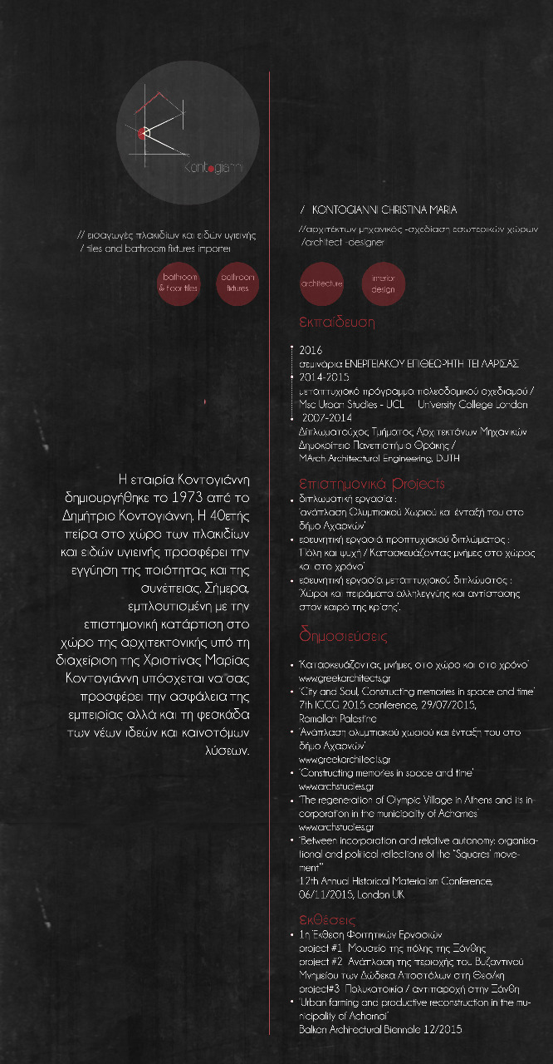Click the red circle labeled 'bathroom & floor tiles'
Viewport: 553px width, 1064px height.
pyautogui.click(x=179, y=283)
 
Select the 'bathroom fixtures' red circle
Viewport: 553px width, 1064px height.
pyautogui.click(x=237, y=283)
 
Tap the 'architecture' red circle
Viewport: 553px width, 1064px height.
pyautogui.click(x=321, y=283)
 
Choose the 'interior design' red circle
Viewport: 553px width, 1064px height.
pyautogui.click(x=383, y=284)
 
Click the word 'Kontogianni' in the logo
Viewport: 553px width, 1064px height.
pyautogui.click(x=213, y=167)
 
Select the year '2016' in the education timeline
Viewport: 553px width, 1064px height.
pyautogui.click(x=310, y=351)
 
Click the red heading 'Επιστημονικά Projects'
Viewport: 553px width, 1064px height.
pyautogui.click(x=371, y=484)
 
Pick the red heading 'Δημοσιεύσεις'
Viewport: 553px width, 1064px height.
pyautogui.click(x=343, y=636)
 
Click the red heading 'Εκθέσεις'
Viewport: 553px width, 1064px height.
pyautogui.click(x=327, y=919)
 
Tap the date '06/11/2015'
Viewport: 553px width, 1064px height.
pyautogui.click(x=325, y=895)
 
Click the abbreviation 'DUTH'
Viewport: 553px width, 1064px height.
pyautogui.click(x=447, y=458)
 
